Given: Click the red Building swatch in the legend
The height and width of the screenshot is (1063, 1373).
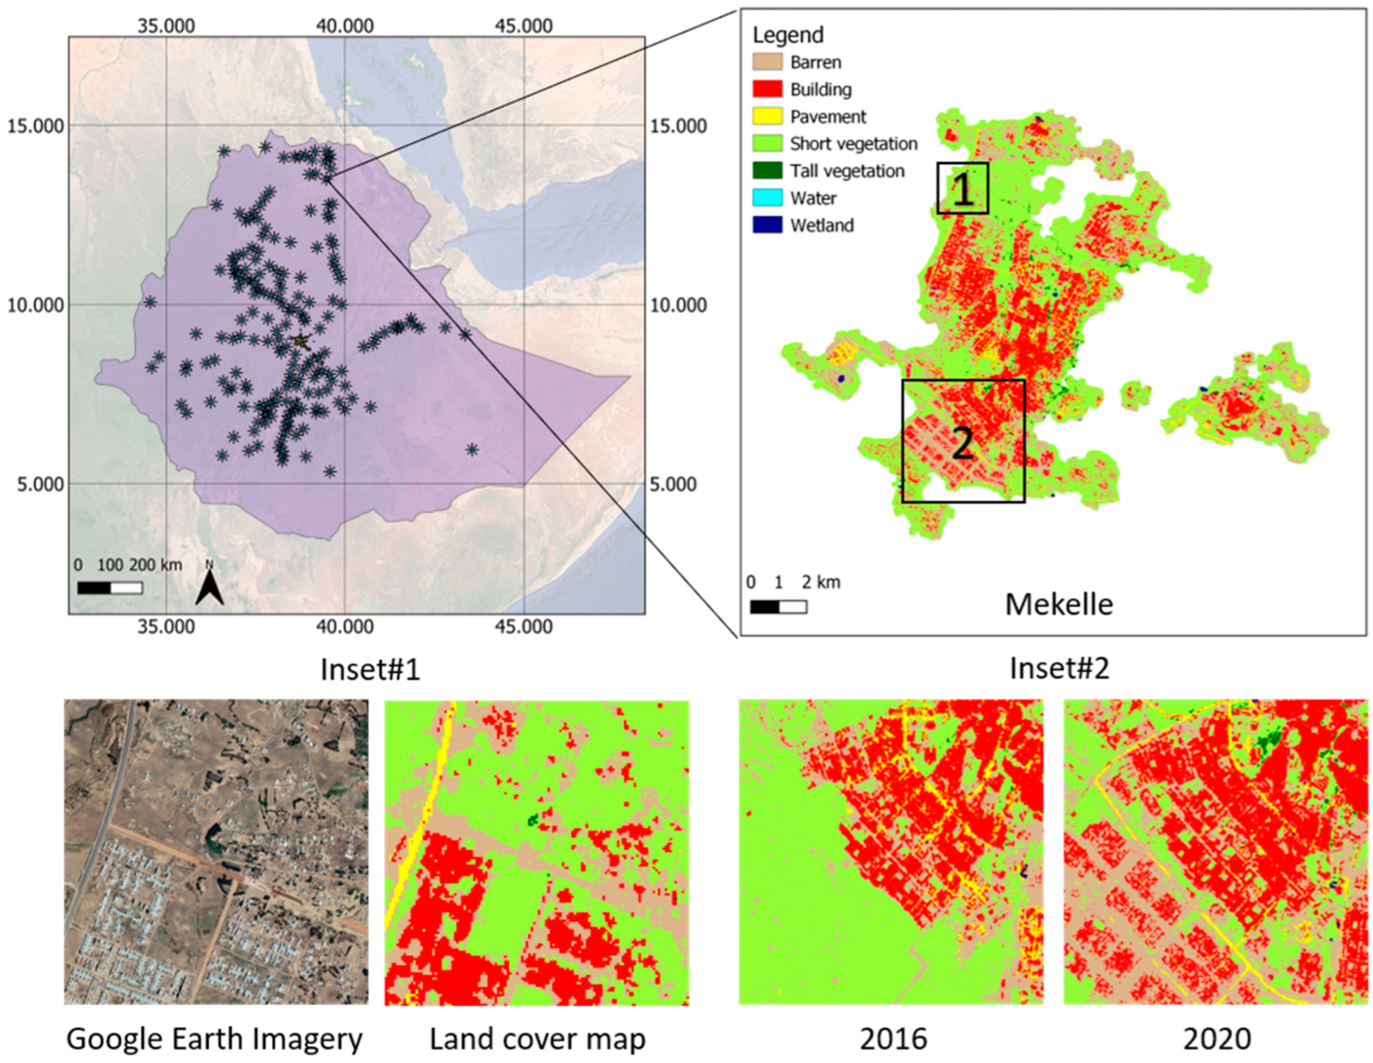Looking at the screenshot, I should [x=767, y=89].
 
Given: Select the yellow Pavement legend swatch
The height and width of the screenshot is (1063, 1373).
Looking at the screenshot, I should [x=767, y=116].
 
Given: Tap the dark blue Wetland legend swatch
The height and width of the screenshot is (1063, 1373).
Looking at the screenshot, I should [x=767, y=225].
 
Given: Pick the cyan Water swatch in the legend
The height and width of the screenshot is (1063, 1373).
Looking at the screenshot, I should [x=767, y=198].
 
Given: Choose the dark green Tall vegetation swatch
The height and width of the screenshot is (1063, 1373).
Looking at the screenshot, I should [x=767, y=170].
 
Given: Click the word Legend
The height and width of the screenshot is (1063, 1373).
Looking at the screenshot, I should [x=788, y=35].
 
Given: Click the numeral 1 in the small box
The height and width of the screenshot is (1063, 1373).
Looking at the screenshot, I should [x=963, y=189].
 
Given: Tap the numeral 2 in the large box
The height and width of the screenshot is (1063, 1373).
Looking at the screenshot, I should [x=963, y=443].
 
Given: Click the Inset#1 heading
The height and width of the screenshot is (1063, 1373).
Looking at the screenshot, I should [x=370, y=669].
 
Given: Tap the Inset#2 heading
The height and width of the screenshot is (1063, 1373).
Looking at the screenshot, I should [x=1059, y=668].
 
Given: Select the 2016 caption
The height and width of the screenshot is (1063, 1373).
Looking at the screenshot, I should [x=893, y=1039].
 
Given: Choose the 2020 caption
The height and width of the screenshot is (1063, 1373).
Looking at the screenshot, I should [x=1217, y=1039].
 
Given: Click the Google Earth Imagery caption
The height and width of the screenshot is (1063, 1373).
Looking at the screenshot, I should [x=215, y=1039].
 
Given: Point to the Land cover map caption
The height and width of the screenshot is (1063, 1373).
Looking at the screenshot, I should [x=538, y=1039].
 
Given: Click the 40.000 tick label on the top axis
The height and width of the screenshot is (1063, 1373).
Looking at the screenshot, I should [x=345, y=26].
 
